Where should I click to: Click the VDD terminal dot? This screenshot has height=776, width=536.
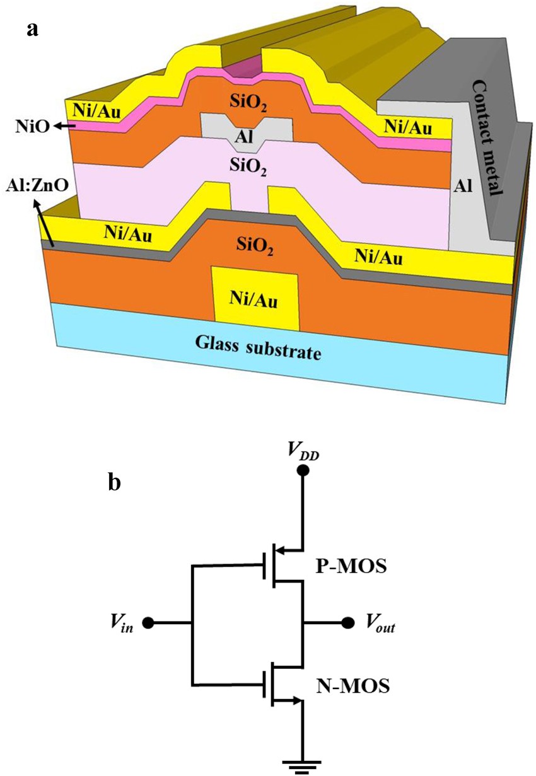(303, 471)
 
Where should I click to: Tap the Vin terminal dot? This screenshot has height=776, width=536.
(148, 623)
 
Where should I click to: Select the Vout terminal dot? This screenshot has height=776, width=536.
(347, 623)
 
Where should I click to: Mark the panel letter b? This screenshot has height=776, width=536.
(115, 482)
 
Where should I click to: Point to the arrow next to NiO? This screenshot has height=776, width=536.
(63, 127)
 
